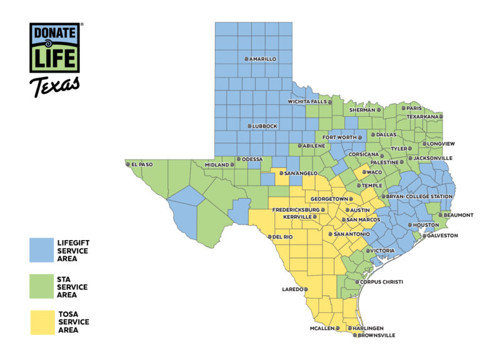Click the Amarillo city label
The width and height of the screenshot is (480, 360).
click(262, 59)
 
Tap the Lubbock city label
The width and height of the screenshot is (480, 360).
click(265, 126)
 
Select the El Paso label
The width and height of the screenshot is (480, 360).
click(141, 165)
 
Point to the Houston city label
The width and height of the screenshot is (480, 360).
click(426, 225)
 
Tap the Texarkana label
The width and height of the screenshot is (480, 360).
click(423, 116)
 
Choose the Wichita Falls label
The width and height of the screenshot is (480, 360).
click(307, 101)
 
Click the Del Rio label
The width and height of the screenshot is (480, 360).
click(282, 237)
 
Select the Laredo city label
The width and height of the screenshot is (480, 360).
click(292, 289)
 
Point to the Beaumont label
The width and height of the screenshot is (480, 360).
click(459, 215)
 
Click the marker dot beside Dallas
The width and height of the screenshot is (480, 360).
click(373, 134)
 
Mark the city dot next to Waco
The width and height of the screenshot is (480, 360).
click(363, 172)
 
